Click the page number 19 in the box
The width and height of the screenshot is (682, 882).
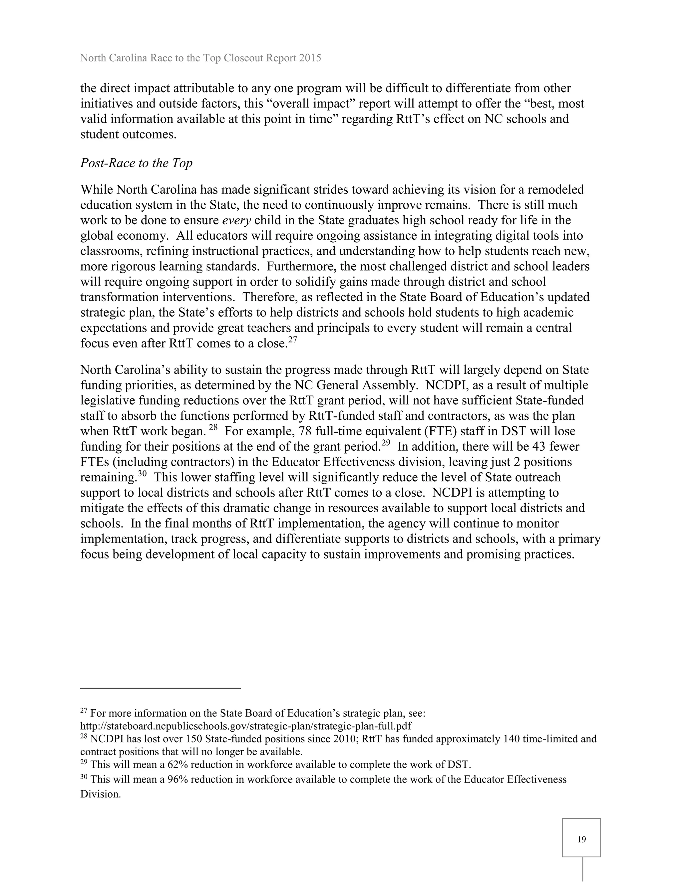tap(581, 840)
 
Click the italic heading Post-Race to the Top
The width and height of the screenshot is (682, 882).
tap(136, 163)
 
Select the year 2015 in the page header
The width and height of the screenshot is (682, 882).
tap(310, 58)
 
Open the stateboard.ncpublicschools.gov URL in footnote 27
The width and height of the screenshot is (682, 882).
tap(246, 726)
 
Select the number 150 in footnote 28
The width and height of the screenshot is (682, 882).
tap(194, 739)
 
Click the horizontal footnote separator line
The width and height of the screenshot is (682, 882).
tap(161, 688)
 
